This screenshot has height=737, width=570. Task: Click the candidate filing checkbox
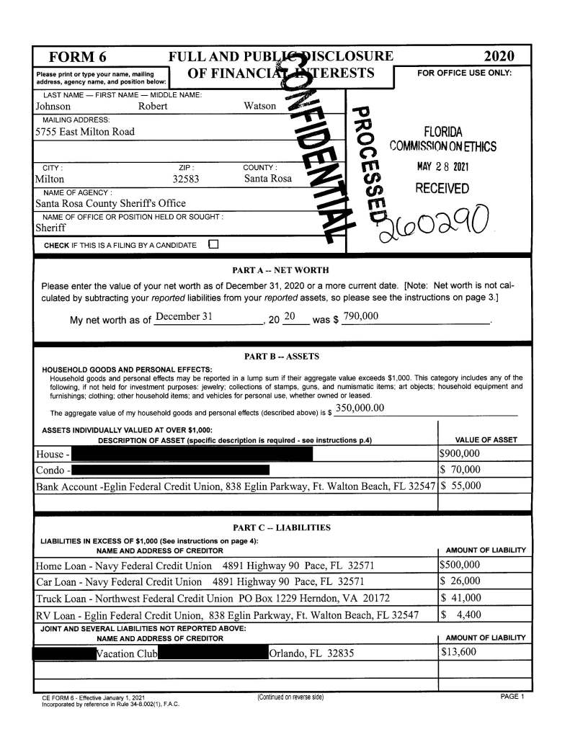pos(213,245)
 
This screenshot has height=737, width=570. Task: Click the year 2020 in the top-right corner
pos(499,57)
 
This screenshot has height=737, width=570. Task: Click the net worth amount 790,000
pos(361,317)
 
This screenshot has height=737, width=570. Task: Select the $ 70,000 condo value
pos(460,470)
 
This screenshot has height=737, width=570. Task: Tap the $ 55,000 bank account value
pos(460,486)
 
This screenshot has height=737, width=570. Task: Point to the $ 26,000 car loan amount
pos(461,581)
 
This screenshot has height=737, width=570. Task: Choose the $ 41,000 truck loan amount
pos(461,598)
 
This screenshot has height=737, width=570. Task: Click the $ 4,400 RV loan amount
pos(462,615)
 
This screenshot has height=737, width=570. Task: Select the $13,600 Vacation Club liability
pos(459,653)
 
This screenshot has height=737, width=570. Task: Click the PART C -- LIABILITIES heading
pos(281,528)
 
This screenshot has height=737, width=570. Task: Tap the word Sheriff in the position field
pos(50,228)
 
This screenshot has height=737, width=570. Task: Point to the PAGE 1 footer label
pos(512,697)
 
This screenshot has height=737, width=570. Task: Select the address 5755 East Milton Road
pos(85,132)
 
